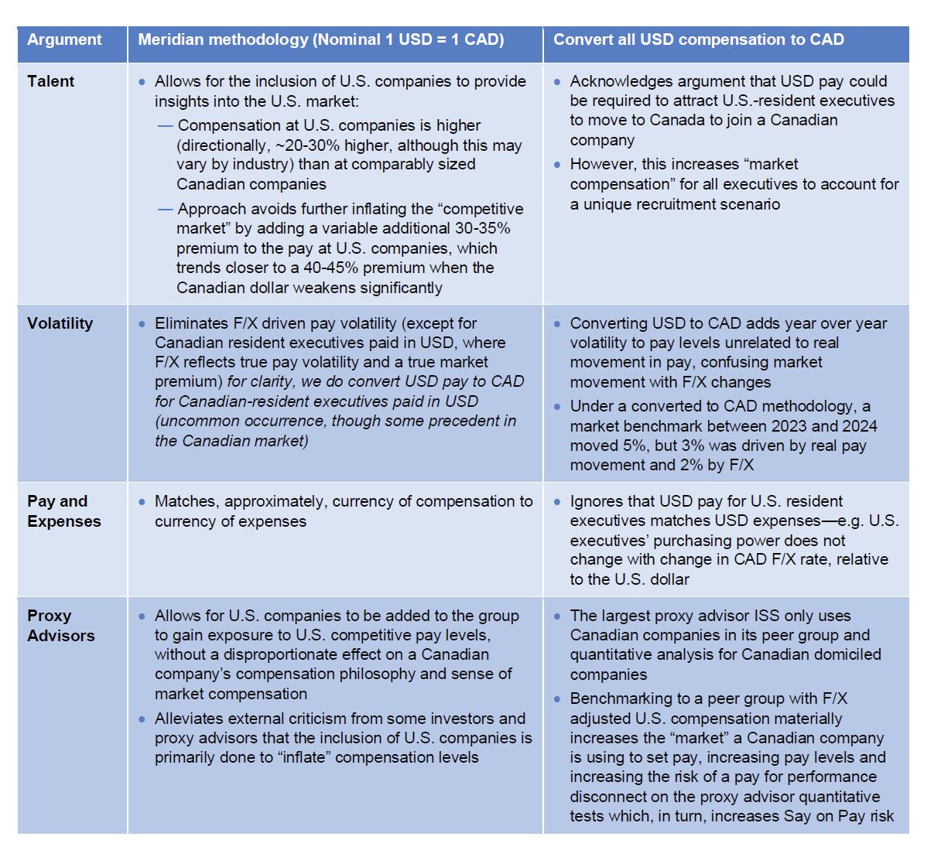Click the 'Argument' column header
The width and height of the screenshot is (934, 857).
click(64, 40)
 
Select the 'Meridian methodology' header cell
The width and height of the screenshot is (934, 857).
click(321, 40)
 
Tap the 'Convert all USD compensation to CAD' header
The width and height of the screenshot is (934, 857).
click(698, 40)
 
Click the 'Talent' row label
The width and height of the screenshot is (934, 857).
click(51, 81)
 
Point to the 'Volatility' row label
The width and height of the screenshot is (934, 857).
click(60, 323)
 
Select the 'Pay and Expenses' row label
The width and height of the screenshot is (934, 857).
click(63, 511)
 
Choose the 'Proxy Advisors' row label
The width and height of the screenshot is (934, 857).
click(60, 626)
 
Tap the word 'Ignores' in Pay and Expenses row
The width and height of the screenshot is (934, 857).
click(597, 501)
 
